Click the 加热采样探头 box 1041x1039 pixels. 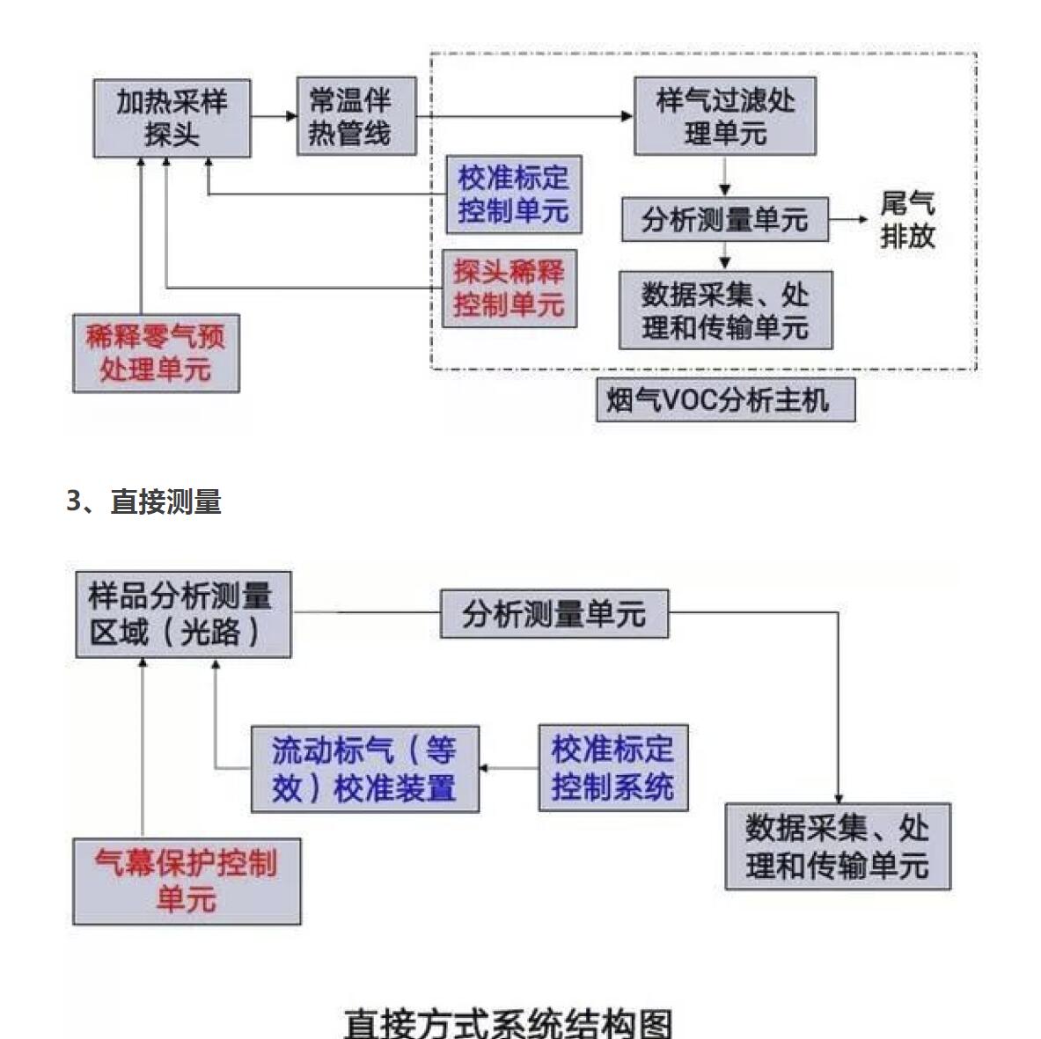172,118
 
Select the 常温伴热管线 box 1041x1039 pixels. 356,116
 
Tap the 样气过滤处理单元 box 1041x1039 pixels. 725,116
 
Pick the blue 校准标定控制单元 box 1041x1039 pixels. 514,194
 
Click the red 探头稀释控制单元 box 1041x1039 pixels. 510,289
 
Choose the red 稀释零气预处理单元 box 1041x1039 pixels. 156,353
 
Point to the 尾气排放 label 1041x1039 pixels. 907,220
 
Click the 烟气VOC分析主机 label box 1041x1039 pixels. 725,400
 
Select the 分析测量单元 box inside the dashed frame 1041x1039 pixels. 725,220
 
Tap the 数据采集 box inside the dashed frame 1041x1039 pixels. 725,311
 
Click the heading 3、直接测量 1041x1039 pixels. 144,501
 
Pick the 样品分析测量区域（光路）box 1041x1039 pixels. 183,614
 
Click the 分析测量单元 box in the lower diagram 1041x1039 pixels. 554,613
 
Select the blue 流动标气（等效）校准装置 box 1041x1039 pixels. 365,769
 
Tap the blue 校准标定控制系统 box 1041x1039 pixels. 613,768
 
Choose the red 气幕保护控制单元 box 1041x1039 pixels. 187,881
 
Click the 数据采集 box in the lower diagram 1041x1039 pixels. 838,846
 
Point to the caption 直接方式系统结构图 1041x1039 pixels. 508,1023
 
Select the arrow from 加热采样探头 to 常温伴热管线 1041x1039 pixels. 274,116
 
